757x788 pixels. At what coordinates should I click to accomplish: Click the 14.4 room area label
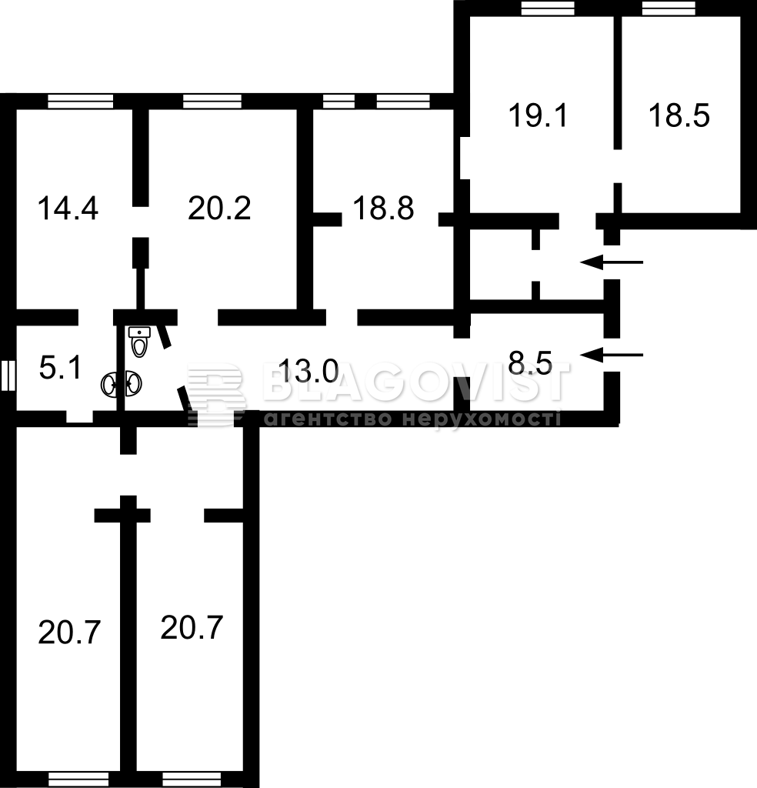click(x=68, y=208)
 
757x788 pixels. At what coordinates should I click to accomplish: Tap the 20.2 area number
click(x=219, y=208)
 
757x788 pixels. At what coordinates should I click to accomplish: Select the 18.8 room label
click(x=383, y=208)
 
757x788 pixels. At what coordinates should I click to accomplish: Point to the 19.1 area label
click(x=538, y=115)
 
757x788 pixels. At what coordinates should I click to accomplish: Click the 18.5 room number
click(x=679, y=115)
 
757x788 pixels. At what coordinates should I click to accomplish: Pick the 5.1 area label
click(x=60, y=367)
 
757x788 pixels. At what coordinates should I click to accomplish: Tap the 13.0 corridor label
click(x=308, y=371)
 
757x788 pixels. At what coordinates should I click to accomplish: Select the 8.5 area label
click(x=530, y=363)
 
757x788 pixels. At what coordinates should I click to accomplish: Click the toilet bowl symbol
click(x=139, y=342)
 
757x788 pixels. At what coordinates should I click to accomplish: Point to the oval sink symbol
click(x=122, y=385)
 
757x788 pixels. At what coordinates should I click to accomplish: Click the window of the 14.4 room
click(x=80, y=102)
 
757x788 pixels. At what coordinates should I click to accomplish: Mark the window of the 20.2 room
click(x=212, y=102)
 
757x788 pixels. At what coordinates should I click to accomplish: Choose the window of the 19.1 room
click(x=548, y=8)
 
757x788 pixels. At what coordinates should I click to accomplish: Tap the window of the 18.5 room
click(x=669, y=8)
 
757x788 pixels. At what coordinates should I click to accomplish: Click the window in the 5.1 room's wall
click(x=8, y=376)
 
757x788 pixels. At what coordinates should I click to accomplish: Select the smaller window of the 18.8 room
click(x=338, y=102)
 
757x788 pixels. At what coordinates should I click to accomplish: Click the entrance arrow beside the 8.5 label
click(x=612, y=356)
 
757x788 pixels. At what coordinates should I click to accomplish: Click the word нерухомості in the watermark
click(x=482, y=419)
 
